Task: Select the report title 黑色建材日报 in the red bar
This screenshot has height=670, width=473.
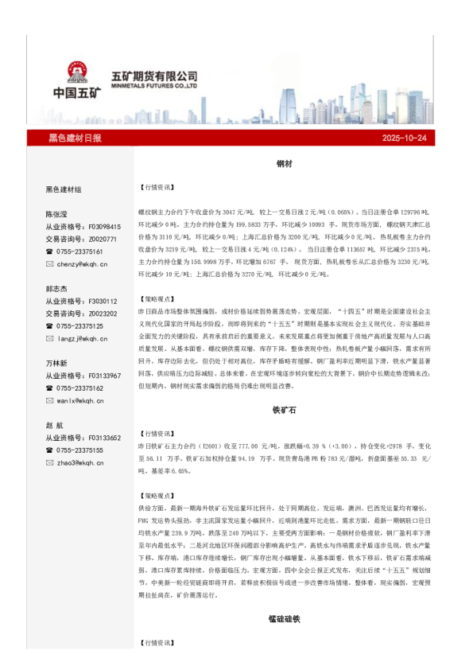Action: pos(75,138)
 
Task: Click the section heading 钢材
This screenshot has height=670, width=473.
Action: pos(285,163)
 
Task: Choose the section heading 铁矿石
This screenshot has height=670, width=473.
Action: pos(285,411)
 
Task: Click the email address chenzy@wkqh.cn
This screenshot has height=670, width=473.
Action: pos(81,263)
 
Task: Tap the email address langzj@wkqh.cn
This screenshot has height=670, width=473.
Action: pos(81,337)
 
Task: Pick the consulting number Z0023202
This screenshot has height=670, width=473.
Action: pos(103,314)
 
